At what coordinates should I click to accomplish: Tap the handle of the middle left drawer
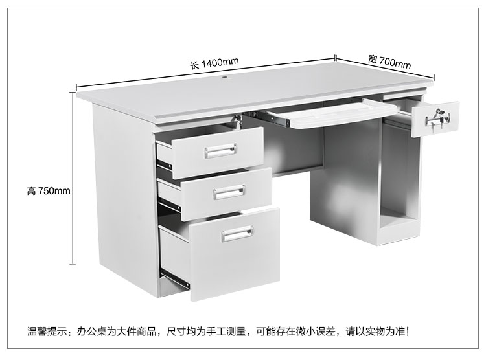click(x=229, y=192)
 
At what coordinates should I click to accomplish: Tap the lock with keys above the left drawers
click(x=238, y=121)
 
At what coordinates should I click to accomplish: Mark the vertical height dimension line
click(x=73, y=178)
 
